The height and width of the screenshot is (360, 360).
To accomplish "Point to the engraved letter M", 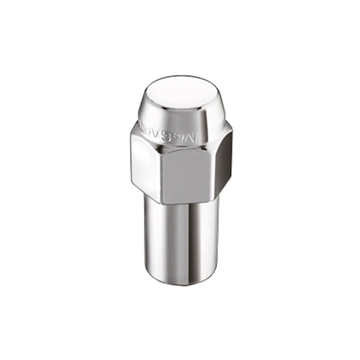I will pos(192,136).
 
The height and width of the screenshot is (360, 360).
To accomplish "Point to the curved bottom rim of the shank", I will pos(180,284).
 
